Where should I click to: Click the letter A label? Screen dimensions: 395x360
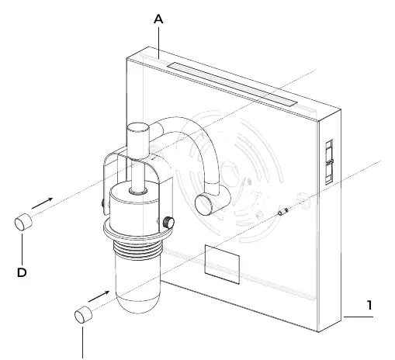[158, 19]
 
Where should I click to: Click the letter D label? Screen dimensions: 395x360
[22, 272]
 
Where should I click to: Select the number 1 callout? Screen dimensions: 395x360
[369, 305]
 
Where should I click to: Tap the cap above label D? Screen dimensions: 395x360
[23, 222]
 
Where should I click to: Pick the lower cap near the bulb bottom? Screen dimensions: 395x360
[83, 315]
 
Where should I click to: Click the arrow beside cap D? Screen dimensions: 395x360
[42, 203]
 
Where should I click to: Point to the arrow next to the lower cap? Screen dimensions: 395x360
[99, 296]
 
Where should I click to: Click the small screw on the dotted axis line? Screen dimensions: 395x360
[283, 211]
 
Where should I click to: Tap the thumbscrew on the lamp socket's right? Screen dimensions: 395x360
[168, 223]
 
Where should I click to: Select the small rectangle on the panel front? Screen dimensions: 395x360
[222, 265]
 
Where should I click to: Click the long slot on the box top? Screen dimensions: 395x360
[232, 84]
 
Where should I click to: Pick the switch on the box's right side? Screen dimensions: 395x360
[329, 162]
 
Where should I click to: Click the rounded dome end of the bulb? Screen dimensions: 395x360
[138, 305]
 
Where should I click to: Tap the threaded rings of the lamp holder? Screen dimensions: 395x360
[138, 250]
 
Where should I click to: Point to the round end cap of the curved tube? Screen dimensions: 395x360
[204, 205]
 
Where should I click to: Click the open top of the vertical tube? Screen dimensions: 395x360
[138, 128]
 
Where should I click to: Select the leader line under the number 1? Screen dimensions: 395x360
[359, 317]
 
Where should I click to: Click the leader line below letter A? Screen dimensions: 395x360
[158, 43]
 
